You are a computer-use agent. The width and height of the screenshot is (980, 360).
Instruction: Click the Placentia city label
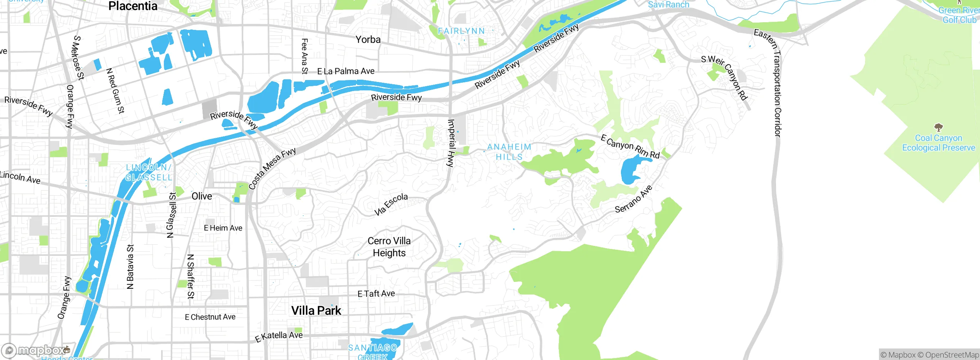(x=133, y=6)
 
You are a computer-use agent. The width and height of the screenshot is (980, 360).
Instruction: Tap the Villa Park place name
(x=316, y=311)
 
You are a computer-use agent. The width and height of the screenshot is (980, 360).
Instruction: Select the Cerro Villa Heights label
(x=389, y=247)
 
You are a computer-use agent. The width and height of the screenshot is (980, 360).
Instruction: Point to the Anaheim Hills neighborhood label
(x=509, y=152)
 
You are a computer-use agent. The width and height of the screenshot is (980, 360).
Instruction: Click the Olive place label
(x=202, y=196)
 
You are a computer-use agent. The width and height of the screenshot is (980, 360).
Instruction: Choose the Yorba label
(x=368, y=39)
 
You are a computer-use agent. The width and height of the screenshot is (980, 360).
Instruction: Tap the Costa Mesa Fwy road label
(x=272, y=169)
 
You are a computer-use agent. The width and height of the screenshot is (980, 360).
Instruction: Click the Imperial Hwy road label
(x=451, y=143)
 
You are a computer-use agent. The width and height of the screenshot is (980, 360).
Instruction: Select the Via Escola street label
(x=391, y=204)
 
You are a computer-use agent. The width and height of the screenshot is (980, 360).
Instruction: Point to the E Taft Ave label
(x=376, y=294)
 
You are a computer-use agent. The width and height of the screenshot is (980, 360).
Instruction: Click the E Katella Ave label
(x=279, y=336)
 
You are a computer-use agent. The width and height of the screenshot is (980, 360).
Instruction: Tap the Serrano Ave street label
(x=633, y=199)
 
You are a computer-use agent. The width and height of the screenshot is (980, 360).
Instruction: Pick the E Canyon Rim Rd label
(x=630, y=146)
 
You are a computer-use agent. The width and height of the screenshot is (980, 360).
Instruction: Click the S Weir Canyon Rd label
(x=724, y=77)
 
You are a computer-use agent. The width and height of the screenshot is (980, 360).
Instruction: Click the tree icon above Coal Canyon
(x=938, y=127)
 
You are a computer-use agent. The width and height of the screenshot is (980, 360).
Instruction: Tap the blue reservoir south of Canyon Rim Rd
(x=632, y=170)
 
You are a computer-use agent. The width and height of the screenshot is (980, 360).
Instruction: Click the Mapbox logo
(x=35, y=350)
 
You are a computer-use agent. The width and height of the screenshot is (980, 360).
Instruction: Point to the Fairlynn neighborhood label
(x=461, y=31)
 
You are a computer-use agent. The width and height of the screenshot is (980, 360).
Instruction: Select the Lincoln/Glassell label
(x=149, y=172)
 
